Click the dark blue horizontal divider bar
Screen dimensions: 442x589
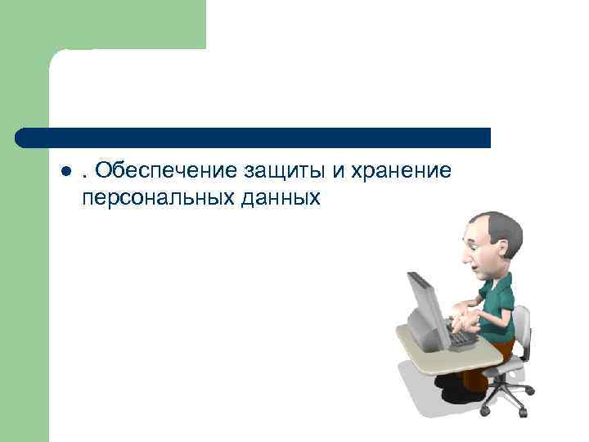(254, 138)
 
